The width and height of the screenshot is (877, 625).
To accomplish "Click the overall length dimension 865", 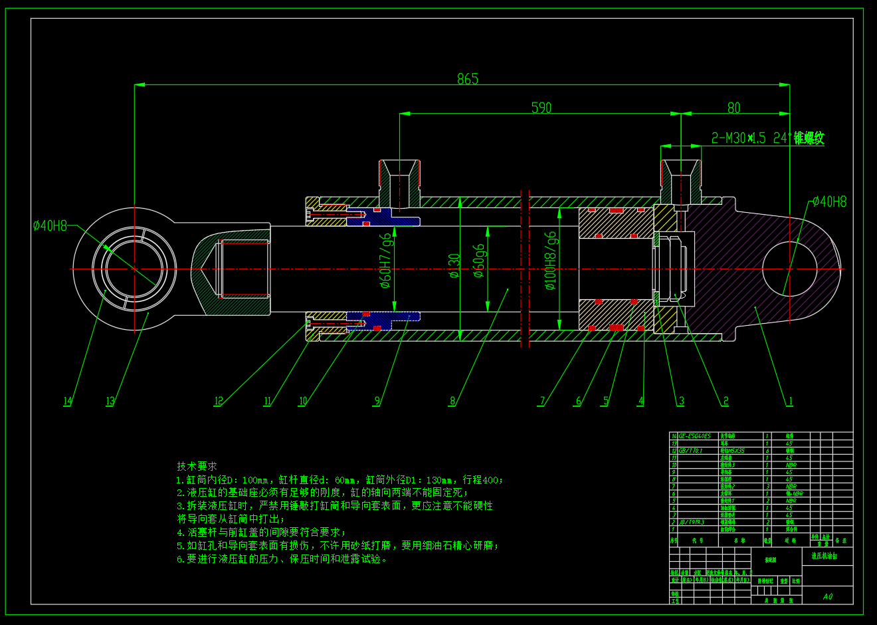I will click(x=468, y=78).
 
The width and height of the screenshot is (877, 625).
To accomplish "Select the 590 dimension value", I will click(x=541, y=107).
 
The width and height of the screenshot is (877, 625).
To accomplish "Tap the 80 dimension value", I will click(x=733, y=107).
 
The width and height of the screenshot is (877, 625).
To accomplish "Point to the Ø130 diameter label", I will click(x=454, y=266).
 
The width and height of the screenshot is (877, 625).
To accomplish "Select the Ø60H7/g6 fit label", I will click(x=386, y=261).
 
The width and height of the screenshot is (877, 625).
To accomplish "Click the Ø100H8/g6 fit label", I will click(x=551, y=261).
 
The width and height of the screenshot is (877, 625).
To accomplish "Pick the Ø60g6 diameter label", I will click(x=479, y=261).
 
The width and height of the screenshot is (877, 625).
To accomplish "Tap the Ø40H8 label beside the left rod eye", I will click(x=50, y=226).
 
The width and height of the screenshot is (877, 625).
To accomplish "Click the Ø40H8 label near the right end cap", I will click(x=829, y=201).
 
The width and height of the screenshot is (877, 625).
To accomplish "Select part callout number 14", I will click(x=67, y=401).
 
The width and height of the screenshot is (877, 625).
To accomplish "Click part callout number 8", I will click(x=452, y=401).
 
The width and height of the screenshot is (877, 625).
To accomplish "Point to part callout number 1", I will click(x=790, y=401).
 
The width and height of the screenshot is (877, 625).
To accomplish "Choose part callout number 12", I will click(x=218, y=401).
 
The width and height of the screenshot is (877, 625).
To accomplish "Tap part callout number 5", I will click(x=605, y=401).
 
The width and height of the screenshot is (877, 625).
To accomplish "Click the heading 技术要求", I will click(x=197, y=466).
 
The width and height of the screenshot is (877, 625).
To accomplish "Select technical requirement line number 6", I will click(x=282, y=559).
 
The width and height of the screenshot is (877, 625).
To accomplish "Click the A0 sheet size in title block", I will click(x=827, y=596).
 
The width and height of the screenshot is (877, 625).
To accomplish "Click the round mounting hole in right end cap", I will click(x=789, y=269).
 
